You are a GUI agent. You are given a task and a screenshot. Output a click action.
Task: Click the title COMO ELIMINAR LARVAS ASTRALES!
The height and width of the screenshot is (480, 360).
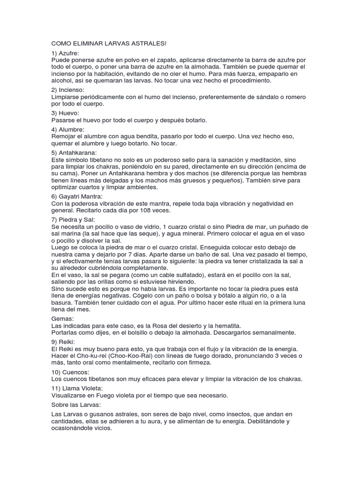[x=108, y=44]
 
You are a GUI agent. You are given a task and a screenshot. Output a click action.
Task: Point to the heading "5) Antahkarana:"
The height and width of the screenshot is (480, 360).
[x=75, y=152]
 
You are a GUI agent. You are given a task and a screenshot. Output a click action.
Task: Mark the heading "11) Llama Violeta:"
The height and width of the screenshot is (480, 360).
[x=76, y=389]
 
